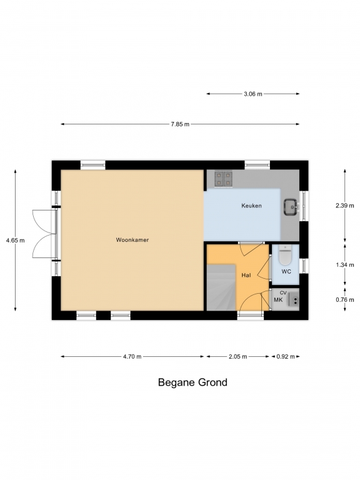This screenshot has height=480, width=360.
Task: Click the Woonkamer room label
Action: tap(132, 240)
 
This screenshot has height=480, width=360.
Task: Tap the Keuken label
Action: tap(251, 206)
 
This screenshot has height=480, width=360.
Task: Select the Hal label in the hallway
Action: tap(246, 275)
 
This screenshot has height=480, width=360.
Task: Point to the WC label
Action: tap(286, 271)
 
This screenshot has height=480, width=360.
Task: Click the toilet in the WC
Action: tap(285, 255)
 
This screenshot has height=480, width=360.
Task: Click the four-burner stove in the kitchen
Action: tap(224, 179)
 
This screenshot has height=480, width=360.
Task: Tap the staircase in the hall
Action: tap(221, 287)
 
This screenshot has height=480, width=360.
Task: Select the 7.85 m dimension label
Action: tap(180, 124)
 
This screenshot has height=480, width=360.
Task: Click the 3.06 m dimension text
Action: tap(253, 94)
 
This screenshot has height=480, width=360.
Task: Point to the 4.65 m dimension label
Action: tap(15, 241)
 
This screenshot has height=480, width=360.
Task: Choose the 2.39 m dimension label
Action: tap(345, 206)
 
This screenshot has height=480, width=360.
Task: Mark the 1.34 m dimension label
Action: tap(345, 265)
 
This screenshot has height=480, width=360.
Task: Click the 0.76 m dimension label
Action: tap(345, 300)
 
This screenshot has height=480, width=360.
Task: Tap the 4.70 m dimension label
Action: tap(132, 357)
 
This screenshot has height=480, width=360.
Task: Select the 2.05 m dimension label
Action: tap(238, 357)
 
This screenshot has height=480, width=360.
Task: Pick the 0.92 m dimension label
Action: tap(286, 357)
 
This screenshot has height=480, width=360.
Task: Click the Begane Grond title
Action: tap(192, 382)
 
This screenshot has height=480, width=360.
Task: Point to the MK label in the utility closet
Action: tap(278, 300)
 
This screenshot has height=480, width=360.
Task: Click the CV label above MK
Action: tap(283, 293)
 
